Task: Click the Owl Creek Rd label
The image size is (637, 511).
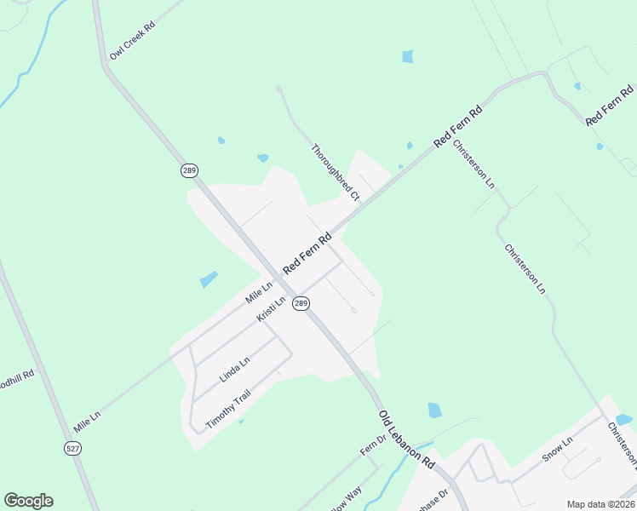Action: click(x=132, y=40)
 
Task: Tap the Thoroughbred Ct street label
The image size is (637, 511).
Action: click(x=336, y=172)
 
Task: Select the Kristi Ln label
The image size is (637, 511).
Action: click(x=272, y=309)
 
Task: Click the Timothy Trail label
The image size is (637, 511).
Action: click(x=229, y=409)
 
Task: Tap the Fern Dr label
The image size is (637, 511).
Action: click(x=372, y=447)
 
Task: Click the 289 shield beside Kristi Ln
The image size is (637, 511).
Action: click(x=301, y=304)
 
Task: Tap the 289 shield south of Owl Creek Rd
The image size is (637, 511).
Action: click(x=189, y=170)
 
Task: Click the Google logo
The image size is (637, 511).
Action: click(x=28, y=501)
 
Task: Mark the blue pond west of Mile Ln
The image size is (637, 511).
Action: click(x=208, y=279)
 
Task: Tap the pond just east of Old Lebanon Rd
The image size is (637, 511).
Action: click(x=434, y=410)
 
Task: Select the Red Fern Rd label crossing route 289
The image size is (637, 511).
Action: click(x=307, y=253)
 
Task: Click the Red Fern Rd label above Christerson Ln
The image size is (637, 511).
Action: click(x=458, y=127)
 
